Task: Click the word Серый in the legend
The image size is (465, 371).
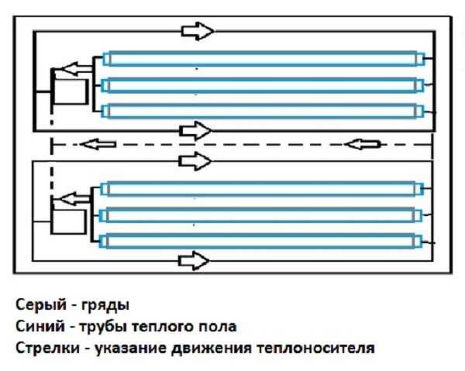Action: [34, 304]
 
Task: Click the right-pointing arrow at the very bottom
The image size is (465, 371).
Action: [195, 263]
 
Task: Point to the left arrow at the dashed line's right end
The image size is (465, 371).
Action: [364, 144]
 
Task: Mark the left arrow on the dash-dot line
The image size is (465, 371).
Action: [96, 144]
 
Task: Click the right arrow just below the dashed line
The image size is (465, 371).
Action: [195, 160]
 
